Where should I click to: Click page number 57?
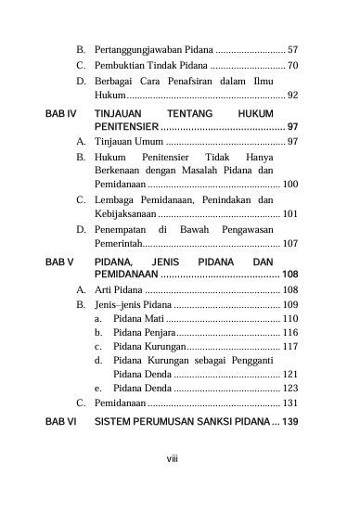(x=292, y=47)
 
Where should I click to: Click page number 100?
(x=289, y=185)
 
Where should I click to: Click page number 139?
(x=289, y=422)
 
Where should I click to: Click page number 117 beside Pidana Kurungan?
(x=289, y=347)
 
